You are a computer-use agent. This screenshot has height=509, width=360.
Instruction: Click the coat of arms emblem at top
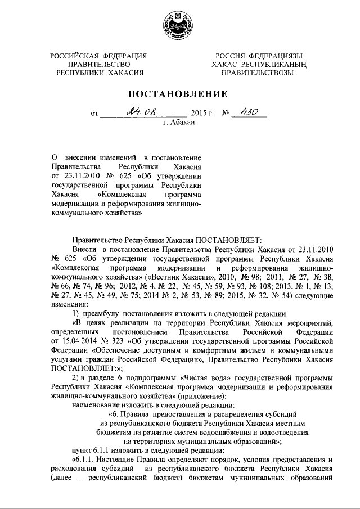179,25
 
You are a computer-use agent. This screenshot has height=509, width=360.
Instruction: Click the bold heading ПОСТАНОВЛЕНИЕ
179,93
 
